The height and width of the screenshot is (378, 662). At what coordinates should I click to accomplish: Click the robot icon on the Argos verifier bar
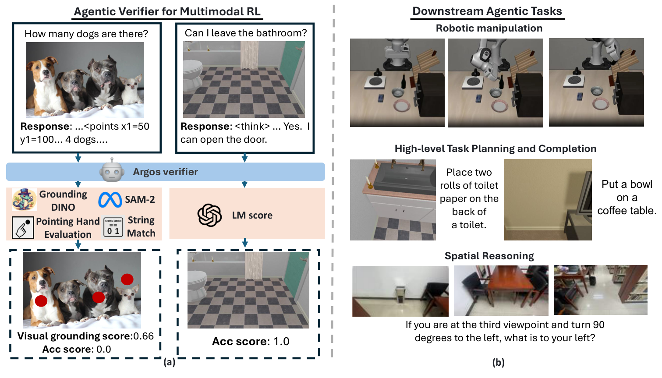112,172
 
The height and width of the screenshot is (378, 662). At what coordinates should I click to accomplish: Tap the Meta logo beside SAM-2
110,200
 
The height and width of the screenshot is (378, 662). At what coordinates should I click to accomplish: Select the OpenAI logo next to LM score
209,215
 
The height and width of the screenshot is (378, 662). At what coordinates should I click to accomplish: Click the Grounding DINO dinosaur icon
24,200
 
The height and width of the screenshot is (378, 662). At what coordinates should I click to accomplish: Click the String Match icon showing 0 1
113,228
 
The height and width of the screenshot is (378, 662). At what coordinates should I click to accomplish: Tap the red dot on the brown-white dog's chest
41,300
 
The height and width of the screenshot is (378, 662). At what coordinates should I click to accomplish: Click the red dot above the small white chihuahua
127,279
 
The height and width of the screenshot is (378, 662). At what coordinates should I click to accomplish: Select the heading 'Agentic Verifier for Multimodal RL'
167,11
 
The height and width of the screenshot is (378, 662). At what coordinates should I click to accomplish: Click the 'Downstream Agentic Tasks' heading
487,11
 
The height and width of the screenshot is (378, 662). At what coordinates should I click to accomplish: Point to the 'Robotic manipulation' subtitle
489,28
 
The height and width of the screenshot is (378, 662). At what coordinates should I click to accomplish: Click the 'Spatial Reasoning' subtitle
489,256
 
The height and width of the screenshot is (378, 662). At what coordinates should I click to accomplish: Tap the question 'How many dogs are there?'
86,34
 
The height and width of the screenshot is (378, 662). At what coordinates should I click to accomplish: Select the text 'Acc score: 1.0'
251,341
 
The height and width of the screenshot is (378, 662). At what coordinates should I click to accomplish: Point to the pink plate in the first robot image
402,106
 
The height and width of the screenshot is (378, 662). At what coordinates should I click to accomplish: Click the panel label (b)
498,362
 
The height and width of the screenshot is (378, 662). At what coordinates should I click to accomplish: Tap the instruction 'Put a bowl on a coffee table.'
627,198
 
